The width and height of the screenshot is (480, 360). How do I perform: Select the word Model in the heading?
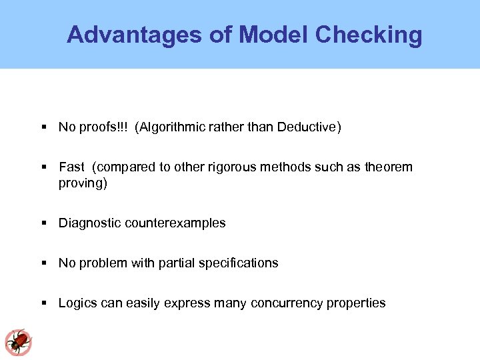click(273, 35)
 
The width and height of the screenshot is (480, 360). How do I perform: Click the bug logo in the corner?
click(18, 342)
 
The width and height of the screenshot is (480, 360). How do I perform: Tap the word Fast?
click(71, 167)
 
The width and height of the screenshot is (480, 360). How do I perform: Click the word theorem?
click(389, 167)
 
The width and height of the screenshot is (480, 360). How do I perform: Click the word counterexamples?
click(174, 223)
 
